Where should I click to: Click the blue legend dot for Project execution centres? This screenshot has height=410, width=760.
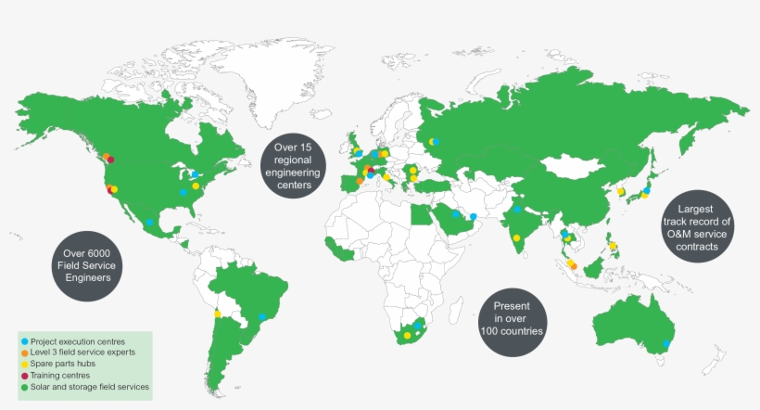(24, 341)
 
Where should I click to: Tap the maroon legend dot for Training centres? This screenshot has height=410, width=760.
(24, 375)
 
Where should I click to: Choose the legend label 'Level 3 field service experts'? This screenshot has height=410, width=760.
(83, 352)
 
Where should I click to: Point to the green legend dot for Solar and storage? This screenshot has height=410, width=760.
(24, 386)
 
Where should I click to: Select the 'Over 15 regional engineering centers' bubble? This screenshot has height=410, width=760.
(298, 165)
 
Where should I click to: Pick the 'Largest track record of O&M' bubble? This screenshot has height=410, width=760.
(698, 228)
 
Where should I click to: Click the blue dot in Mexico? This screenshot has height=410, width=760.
(149, 223)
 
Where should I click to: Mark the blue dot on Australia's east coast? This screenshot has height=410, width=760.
(667, 344)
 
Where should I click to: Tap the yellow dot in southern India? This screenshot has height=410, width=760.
(514, 238)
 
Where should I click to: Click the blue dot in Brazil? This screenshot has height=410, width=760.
(262, 317)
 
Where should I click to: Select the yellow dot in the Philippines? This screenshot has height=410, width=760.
(613, 247)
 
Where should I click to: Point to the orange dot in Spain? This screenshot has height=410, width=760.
(360, 181)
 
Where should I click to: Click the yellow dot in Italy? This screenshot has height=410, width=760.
(387, 176)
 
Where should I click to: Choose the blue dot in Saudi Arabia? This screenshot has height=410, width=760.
(455, 214)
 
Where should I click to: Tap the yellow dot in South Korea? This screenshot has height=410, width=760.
(620, 191)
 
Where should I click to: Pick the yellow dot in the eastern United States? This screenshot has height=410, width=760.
(196, 186)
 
